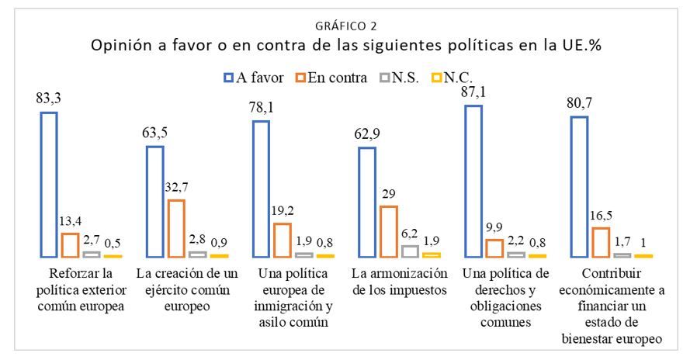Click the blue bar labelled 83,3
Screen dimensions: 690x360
click(41, 185)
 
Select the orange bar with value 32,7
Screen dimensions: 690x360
click(169, 228)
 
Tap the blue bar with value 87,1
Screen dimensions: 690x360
click(466, 181)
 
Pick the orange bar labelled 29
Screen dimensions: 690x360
click(381, 231)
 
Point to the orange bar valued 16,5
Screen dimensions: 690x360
click(593, 243)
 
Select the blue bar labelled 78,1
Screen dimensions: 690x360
click(254, 189)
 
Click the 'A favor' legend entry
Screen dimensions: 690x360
click(254, 78)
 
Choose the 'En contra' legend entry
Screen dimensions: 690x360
click(331, 78)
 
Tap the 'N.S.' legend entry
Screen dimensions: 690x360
click(399, 78)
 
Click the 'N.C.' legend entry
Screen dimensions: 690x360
click(452, 78)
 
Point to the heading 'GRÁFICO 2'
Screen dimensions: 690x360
click(346, 26)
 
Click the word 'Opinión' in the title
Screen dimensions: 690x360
click(120, 46)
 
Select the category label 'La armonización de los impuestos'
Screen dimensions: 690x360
click(400, 282)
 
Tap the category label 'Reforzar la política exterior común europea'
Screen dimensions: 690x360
click(81, 289)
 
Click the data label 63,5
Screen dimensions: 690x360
click(154, 133)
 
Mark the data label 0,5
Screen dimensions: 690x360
click(113, 244)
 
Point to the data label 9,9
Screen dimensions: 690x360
click(494, 227)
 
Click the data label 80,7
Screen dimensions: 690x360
click(579, 103)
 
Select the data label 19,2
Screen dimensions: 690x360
click(283, 211)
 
